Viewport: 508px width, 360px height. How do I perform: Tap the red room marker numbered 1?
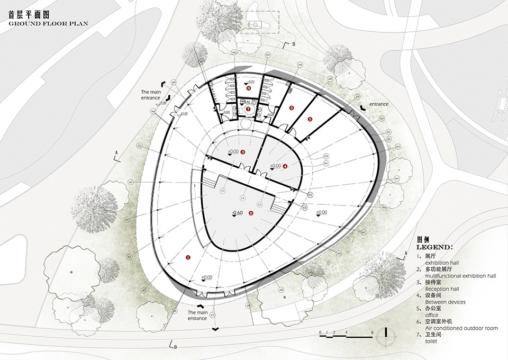click(x=188, y=257)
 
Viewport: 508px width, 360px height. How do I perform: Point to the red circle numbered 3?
click(x=242, y=152)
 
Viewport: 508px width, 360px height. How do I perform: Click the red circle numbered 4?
click(x=285, y=166)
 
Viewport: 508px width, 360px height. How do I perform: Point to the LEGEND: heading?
click(x=434, y=247)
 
